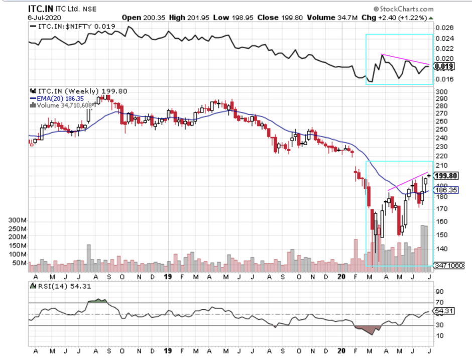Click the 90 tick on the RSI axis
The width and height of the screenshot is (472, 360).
[440, 291]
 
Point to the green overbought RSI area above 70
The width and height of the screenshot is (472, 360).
[98, 301]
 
